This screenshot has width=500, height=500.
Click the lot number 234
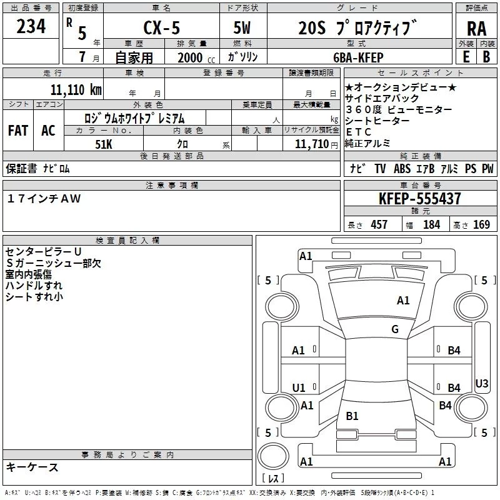click(x=31, y=28)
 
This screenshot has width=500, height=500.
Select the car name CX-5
click(x=160, y=28)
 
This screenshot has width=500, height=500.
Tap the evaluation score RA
click(x=476, y=29)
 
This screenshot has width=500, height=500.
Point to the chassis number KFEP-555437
click(x=420, y=199)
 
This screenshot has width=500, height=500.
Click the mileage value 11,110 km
click(x=76, y=89)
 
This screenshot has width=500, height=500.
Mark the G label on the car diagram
click(x=395, y=329)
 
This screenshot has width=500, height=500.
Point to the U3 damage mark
click(x=482, y=383)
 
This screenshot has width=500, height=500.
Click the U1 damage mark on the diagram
click(x=299, y=388)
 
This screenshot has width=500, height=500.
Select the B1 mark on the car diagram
click(x=352, y=416)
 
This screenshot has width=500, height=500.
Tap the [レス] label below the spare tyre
click(x=272, y=479)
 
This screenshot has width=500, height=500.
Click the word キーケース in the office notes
click(x=32, y=467)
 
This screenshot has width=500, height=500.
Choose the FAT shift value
click(x=17, y=130)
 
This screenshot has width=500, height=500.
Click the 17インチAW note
click(x=44, y=199)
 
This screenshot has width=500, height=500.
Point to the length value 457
click(x=379, y=224)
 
